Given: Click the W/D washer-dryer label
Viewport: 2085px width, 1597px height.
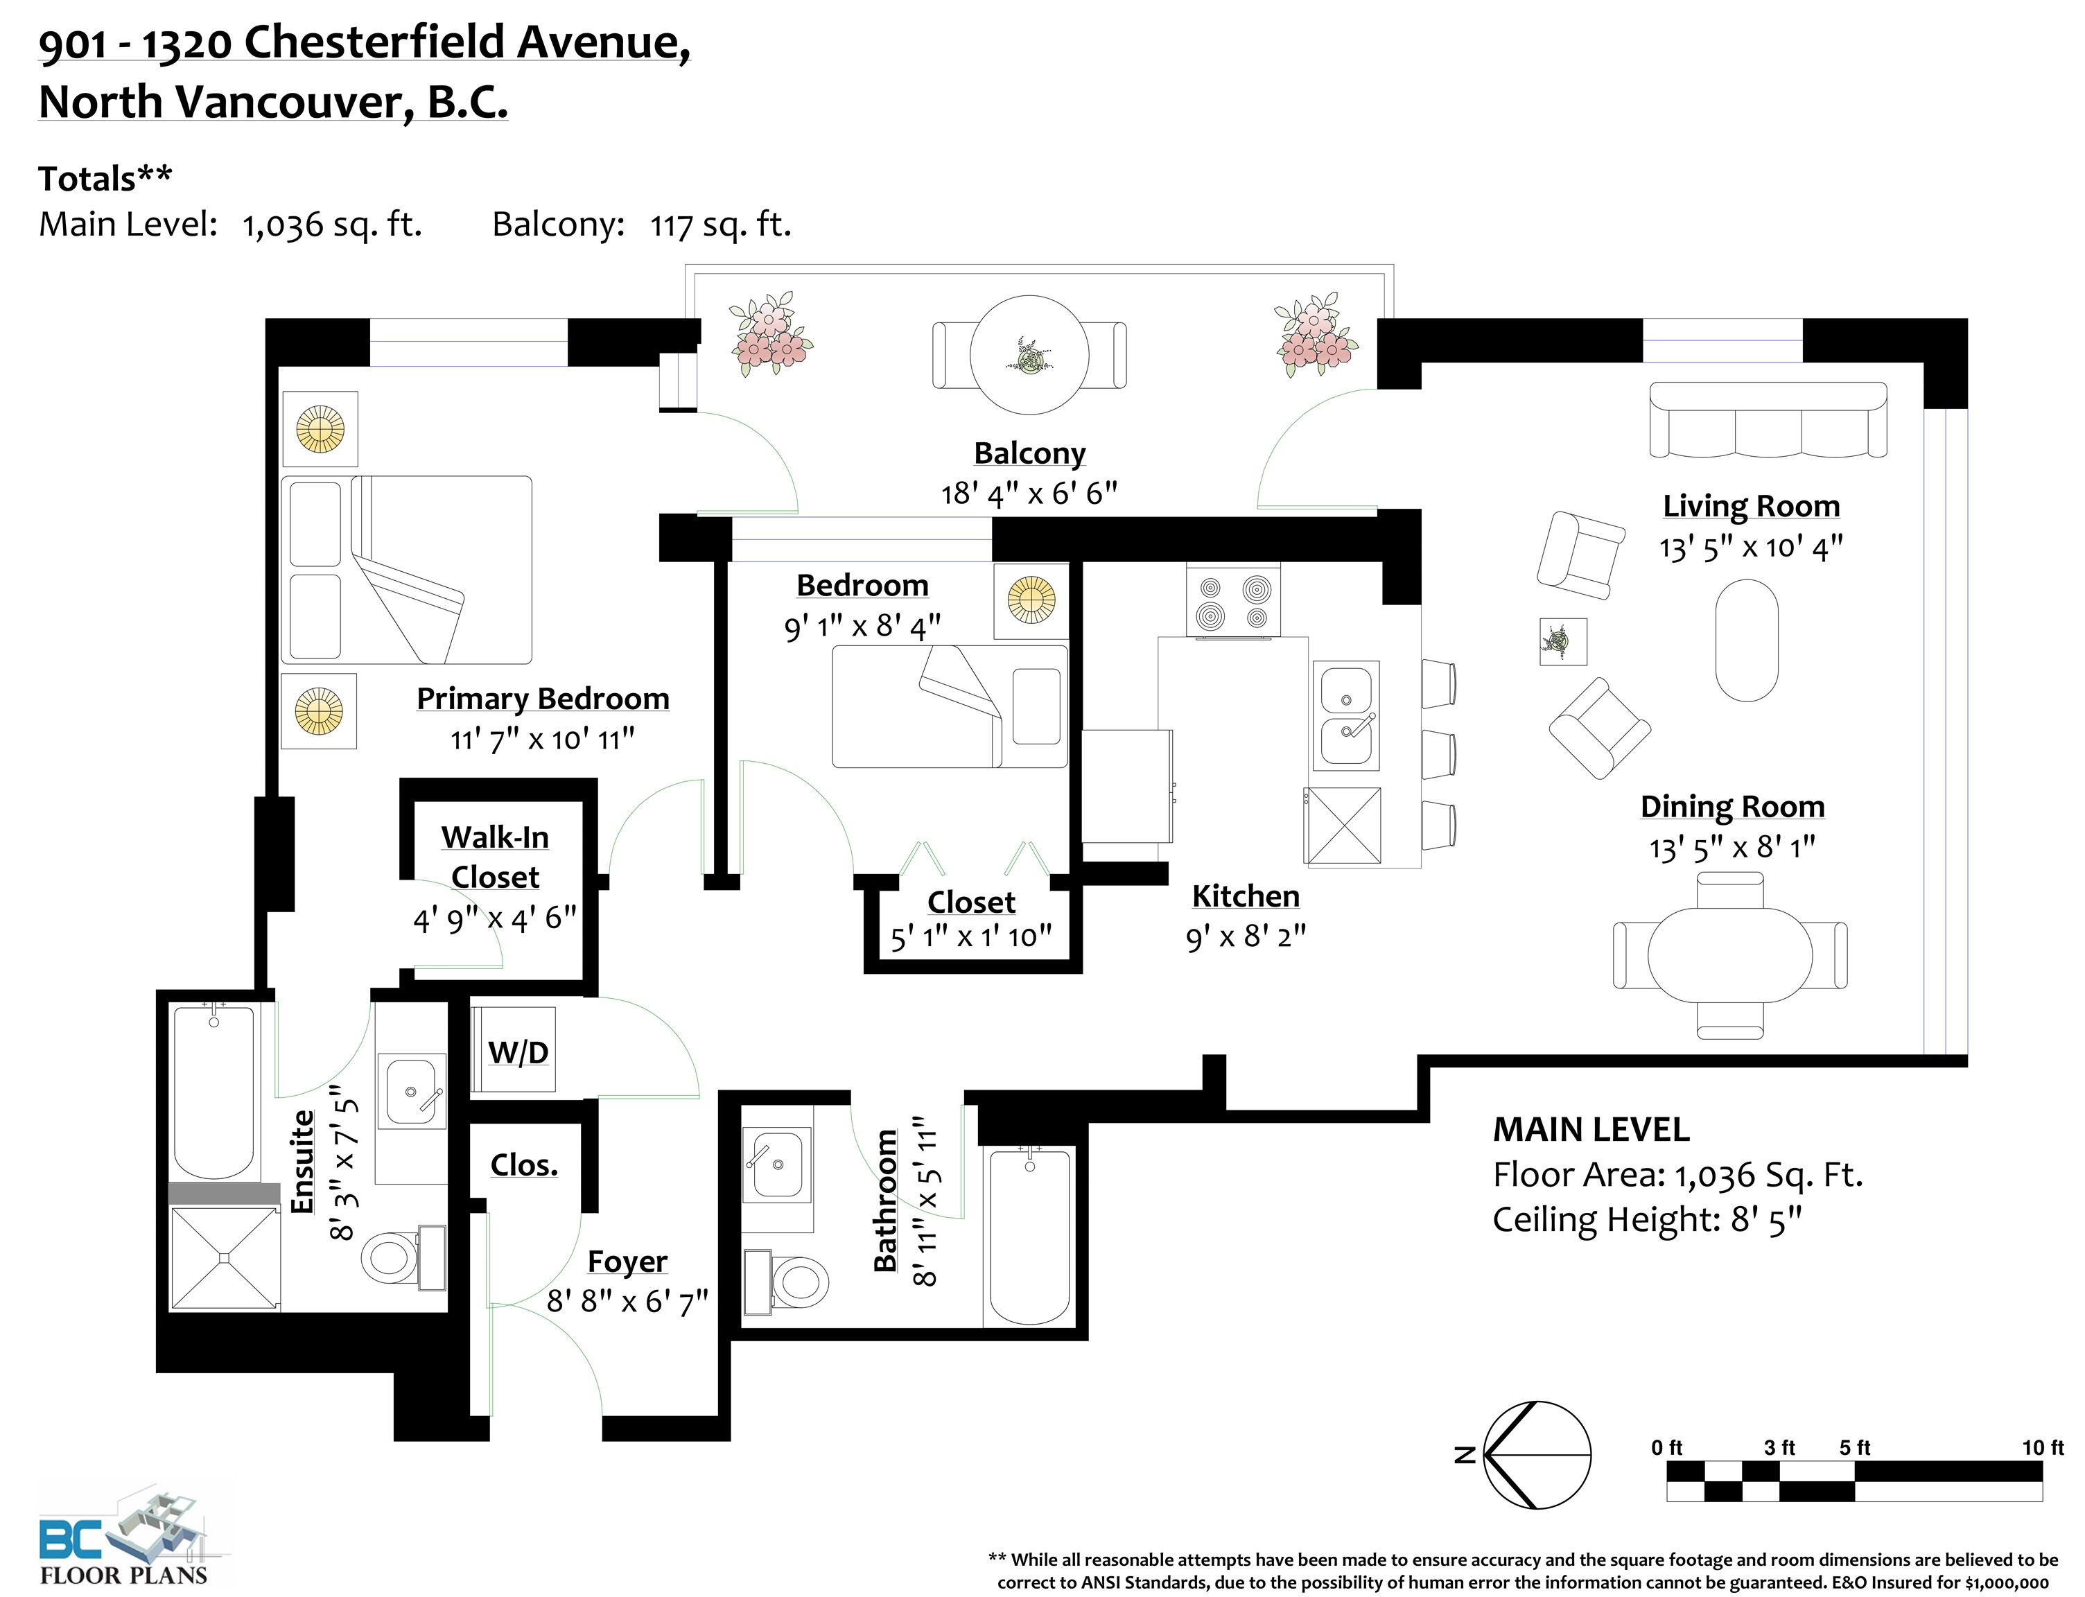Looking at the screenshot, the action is tap(518, 1052).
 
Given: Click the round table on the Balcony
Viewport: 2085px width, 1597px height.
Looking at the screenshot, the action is tap(1029, 355).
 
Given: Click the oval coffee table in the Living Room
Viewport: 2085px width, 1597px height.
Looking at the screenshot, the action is tap(1747, 640).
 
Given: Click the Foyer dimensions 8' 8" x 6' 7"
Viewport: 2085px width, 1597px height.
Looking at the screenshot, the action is tap(627, 1300).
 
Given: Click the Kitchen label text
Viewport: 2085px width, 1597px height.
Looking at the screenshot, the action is tap(1246, 896).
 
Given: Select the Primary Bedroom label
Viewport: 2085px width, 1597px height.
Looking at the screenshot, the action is tap(543, 699).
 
